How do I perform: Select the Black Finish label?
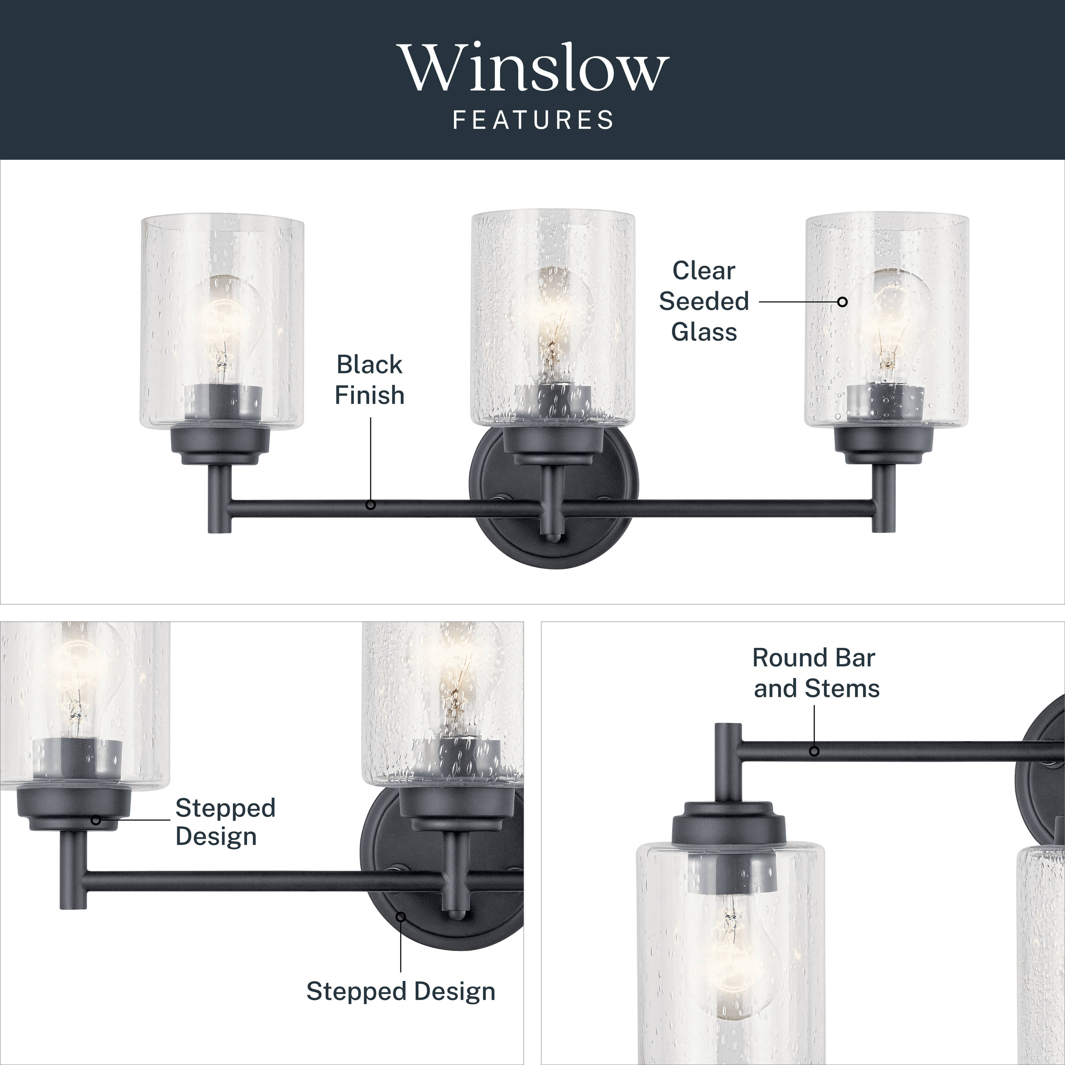[369, 380]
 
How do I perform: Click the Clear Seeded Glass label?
[704, 301]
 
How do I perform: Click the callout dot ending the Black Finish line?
[370, 504]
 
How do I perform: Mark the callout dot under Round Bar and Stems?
[814, 751]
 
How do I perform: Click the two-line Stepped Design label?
[225, 822]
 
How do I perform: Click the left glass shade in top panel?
[222, 322]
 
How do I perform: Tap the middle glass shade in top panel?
[552, 318]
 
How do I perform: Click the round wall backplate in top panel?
[553, 496]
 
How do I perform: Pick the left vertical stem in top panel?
[219, 499]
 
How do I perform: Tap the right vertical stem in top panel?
[883, 499]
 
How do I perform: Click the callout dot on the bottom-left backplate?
[401, 916]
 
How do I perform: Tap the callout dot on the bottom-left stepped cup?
[96, 820]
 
